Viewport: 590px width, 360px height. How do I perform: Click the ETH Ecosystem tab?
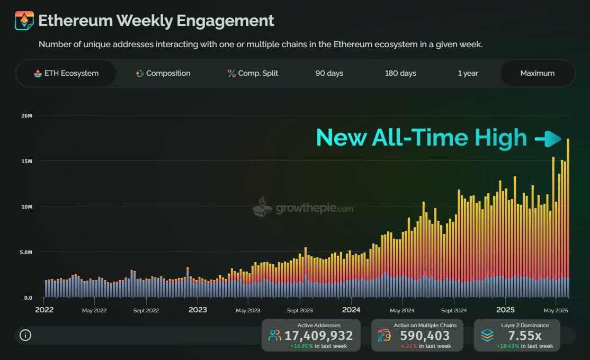[66, 73]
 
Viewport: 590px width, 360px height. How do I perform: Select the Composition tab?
[163, 73]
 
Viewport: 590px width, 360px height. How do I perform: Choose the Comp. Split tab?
[253, 73]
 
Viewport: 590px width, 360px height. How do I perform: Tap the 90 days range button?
[329, 73]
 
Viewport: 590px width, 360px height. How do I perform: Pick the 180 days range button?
[400, 73]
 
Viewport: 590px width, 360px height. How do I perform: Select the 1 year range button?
[468, 73]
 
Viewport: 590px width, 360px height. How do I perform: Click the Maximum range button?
[537, 73]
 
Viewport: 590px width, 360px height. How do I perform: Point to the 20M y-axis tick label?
[26, 115]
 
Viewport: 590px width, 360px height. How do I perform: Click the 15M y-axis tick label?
[26, 161]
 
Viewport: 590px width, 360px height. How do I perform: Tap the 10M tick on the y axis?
[26, 206]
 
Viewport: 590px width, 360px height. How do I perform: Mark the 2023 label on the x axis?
[198, 310]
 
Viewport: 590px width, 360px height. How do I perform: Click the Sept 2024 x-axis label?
[453, 310]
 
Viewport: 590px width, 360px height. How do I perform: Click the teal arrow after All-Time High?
[548, 139]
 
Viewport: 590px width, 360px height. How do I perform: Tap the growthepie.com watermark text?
[314, 208]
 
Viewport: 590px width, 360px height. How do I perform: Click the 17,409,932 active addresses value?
[318, 335]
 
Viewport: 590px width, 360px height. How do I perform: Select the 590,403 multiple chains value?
[425, 335]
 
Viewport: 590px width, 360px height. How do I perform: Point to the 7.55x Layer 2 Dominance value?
[525, 335]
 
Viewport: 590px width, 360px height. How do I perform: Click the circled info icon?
[25, 335]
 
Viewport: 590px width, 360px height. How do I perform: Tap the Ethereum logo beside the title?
[24, 21]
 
